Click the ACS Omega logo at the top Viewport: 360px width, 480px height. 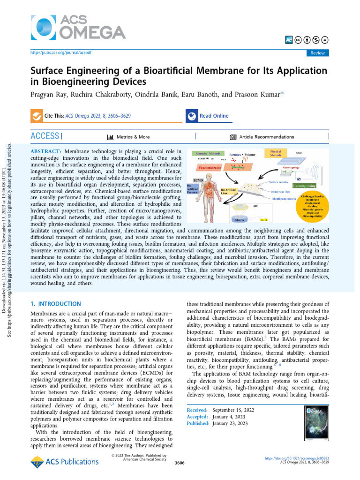[x=78, y=26]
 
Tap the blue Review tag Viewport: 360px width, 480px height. [x=317, y=53]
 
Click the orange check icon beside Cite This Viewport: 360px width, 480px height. [x=35, y=116]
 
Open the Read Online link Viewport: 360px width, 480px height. [x=214, y=116]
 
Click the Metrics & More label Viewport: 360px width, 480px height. [x=134, y=137]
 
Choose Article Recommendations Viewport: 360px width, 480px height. [x=267, y=137]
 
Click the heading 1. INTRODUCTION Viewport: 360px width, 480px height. [x=55, y=304]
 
